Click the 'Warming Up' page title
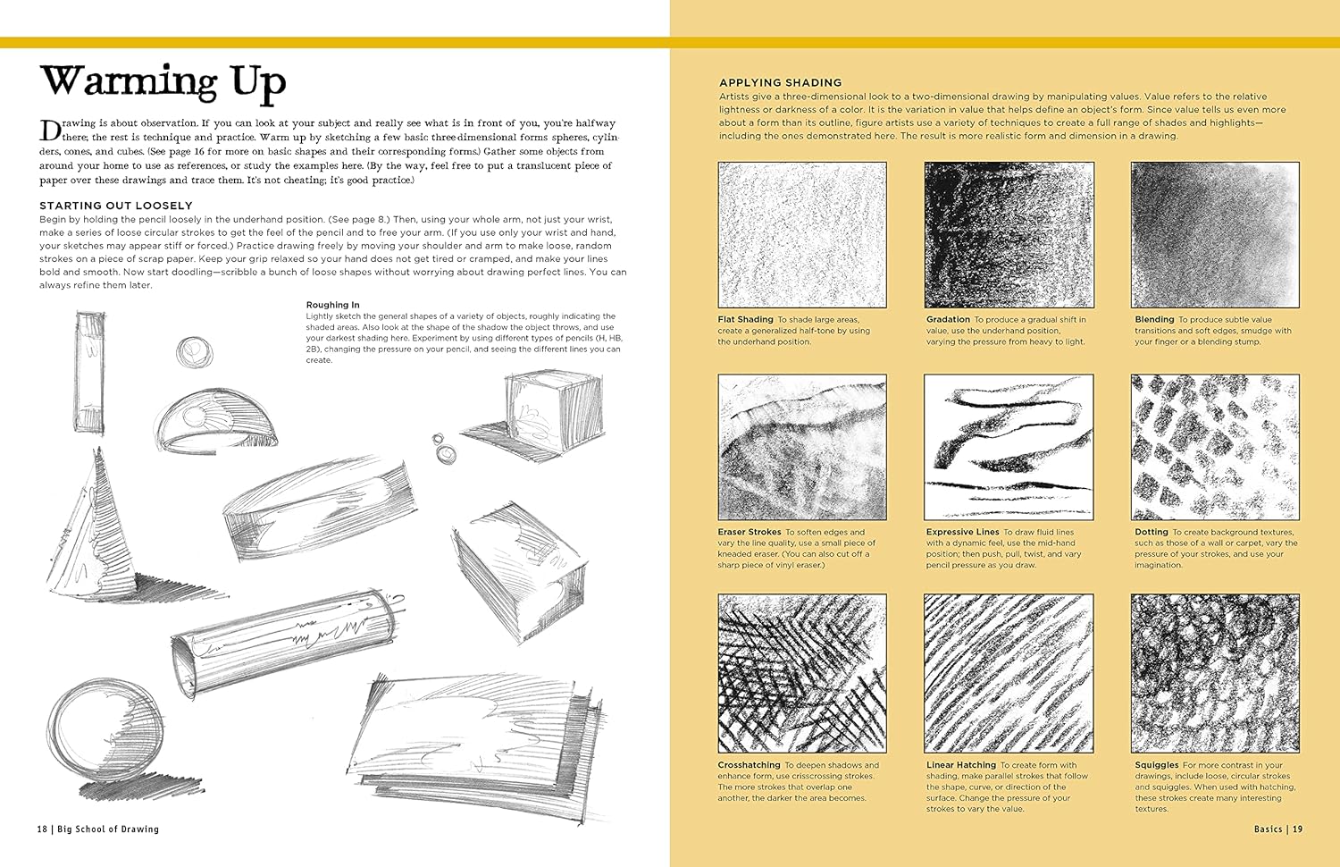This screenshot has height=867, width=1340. coord(163,82)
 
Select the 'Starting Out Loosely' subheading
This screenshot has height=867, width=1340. coord(116,206)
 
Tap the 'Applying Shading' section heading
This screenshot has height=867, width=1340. coord(781,82)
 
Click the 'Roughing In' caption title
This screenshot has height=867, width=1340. coord(332,305)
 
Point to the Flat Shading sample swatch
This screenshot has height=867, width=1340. coord(802,235)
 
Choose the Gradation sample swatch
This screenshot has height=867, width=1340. coord(1009,235)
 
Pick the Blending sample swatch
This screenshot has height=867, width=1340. coord(1215,235)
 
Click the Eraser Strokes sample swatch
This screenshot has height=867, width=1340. coord(802,447)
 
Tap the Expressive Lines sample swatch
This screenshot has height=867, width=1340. coord(1009,447)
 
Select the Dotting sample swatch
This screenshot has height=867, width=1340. coord(1215,447)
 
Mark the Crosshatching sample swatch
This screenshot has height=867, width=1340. coord(802,673)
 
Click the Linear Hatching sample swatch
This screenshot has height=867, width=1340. coord(1009,673)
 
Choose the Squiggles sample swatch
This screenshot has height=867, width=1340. coord(1215,673)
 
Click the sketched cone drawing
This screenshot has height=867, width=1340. coord(98,523)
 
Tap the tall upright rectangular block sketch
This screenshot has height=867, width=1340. coord(91,372)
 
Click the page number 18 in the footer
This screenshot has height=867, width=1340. coord(42,829)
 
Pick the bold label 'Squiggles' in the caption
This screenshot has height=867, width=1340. coord(1156,765)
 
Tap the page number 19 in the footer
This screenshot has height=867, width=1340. coord(1297,829)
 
